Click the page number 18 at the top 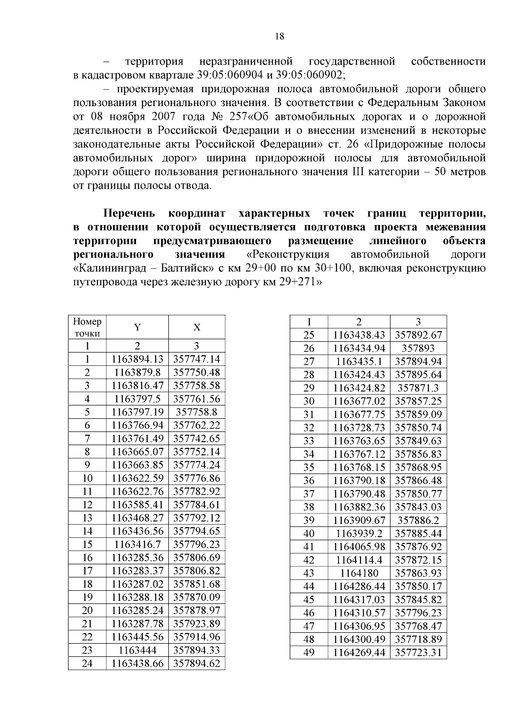(279, 36)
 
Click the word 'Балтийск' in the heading (181, 268)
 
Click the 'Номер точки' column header (87, 327)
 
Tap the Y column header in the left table (137, 327)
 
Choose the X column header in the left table (196, 327)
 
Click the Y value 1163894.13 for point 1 (137, 359)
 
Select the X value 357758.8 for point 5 (196, 412)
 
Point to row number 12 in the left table (87, 505)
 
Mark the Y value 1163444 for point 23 (137, 650)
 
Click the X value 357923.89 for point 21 (196, 624)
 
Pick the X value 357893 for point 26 (418, 349)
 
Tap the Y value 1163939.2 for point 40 (359, 533)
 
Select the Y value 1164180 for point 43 (359, 573)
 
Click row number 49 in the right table (309, 652)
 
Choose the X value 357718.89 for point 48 (418, 639)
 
